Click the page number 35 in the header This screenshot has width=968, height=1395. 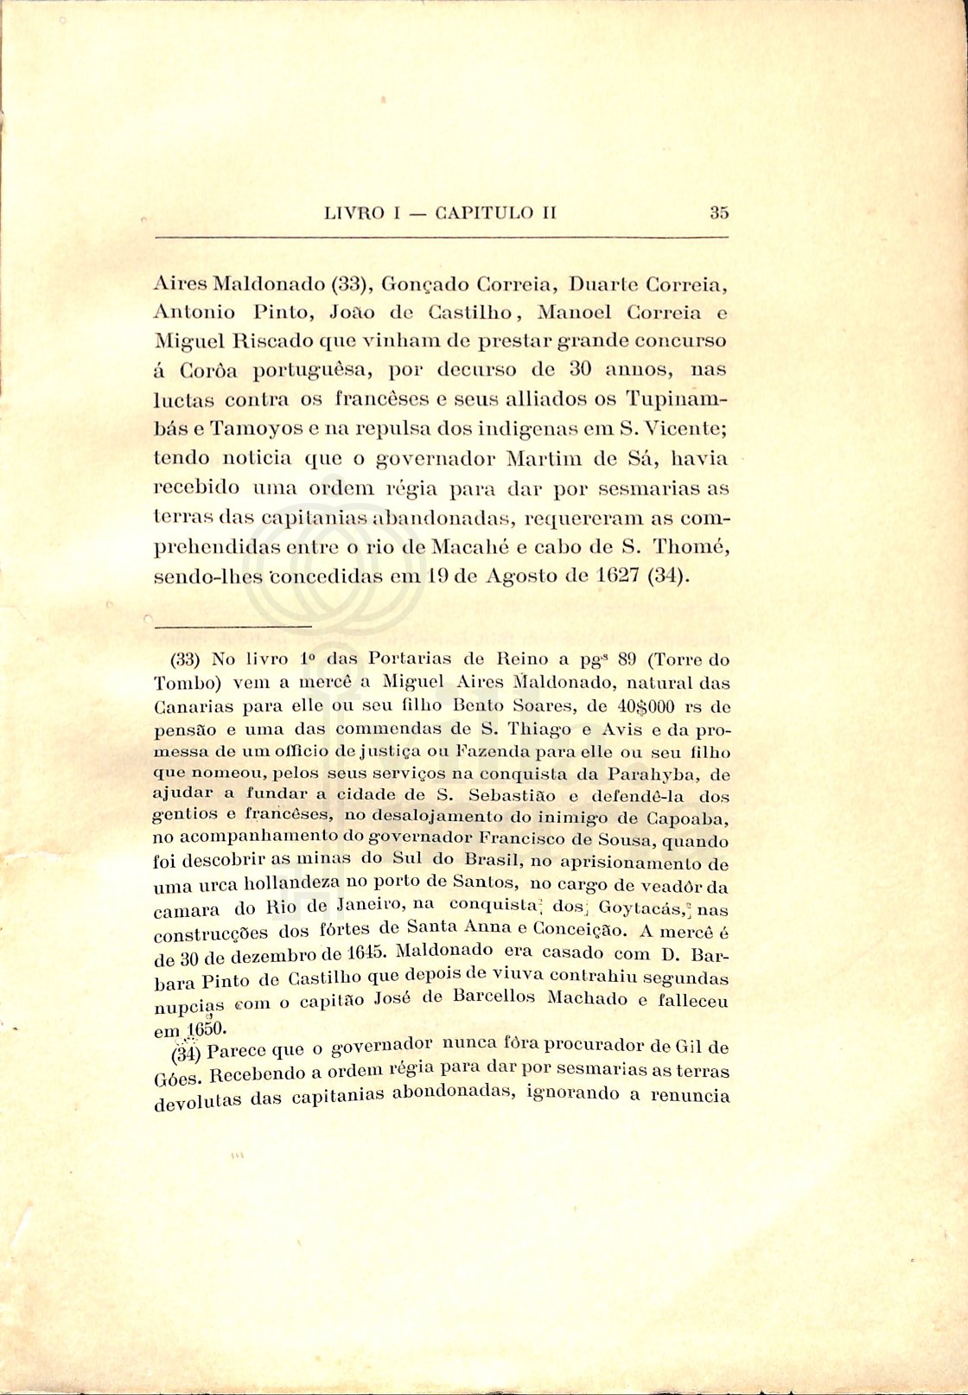tap(719, 213)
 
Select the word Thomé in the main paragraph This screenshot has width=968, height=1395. tap(692, 546)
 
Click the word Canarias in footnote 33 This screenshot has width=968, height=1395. tap(188, 704)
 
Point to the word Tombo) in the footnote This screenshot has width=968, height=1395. tap(182, 682)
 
